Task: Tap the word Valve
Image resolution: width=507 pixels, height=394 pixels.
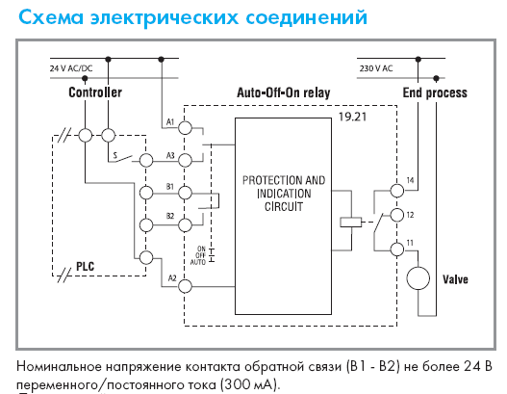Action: point(455,279)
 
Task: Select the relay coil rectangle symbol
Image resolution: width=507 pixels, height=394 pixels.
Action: point(351,223)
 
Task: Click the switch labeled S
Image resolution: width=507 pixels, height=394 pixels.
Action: point(120,159)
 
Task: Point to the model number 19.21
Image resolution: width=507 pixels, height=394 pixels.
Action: point(352,117)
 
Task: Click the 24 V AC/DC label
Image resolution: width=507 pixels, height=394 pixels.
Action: point(71,68)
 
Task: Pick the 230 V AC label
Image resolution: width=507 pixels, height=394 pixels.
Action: point(376,68)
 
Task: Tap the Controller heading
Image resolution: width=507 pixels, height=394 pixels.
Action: point(95,92)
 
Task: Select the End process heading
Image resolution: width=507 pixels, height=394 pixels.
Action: point(435,92)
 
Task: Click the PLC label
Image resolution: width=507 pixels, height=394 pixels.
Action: point(86,267)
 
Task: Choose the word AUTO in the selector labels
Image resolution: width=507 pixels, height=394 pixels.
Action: point(197,262)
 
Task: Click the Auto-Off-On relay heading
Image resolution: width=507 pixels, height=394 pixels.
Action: point(284,92)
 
